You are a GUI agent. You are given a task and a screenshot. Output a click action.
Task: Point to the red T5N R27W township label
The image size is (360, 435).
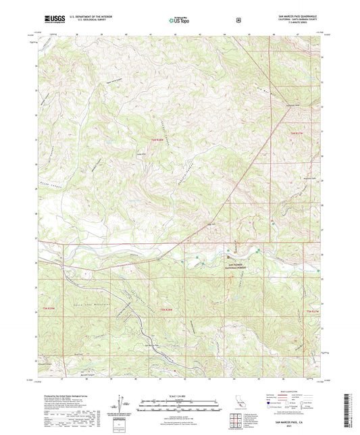coord(312,310)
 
